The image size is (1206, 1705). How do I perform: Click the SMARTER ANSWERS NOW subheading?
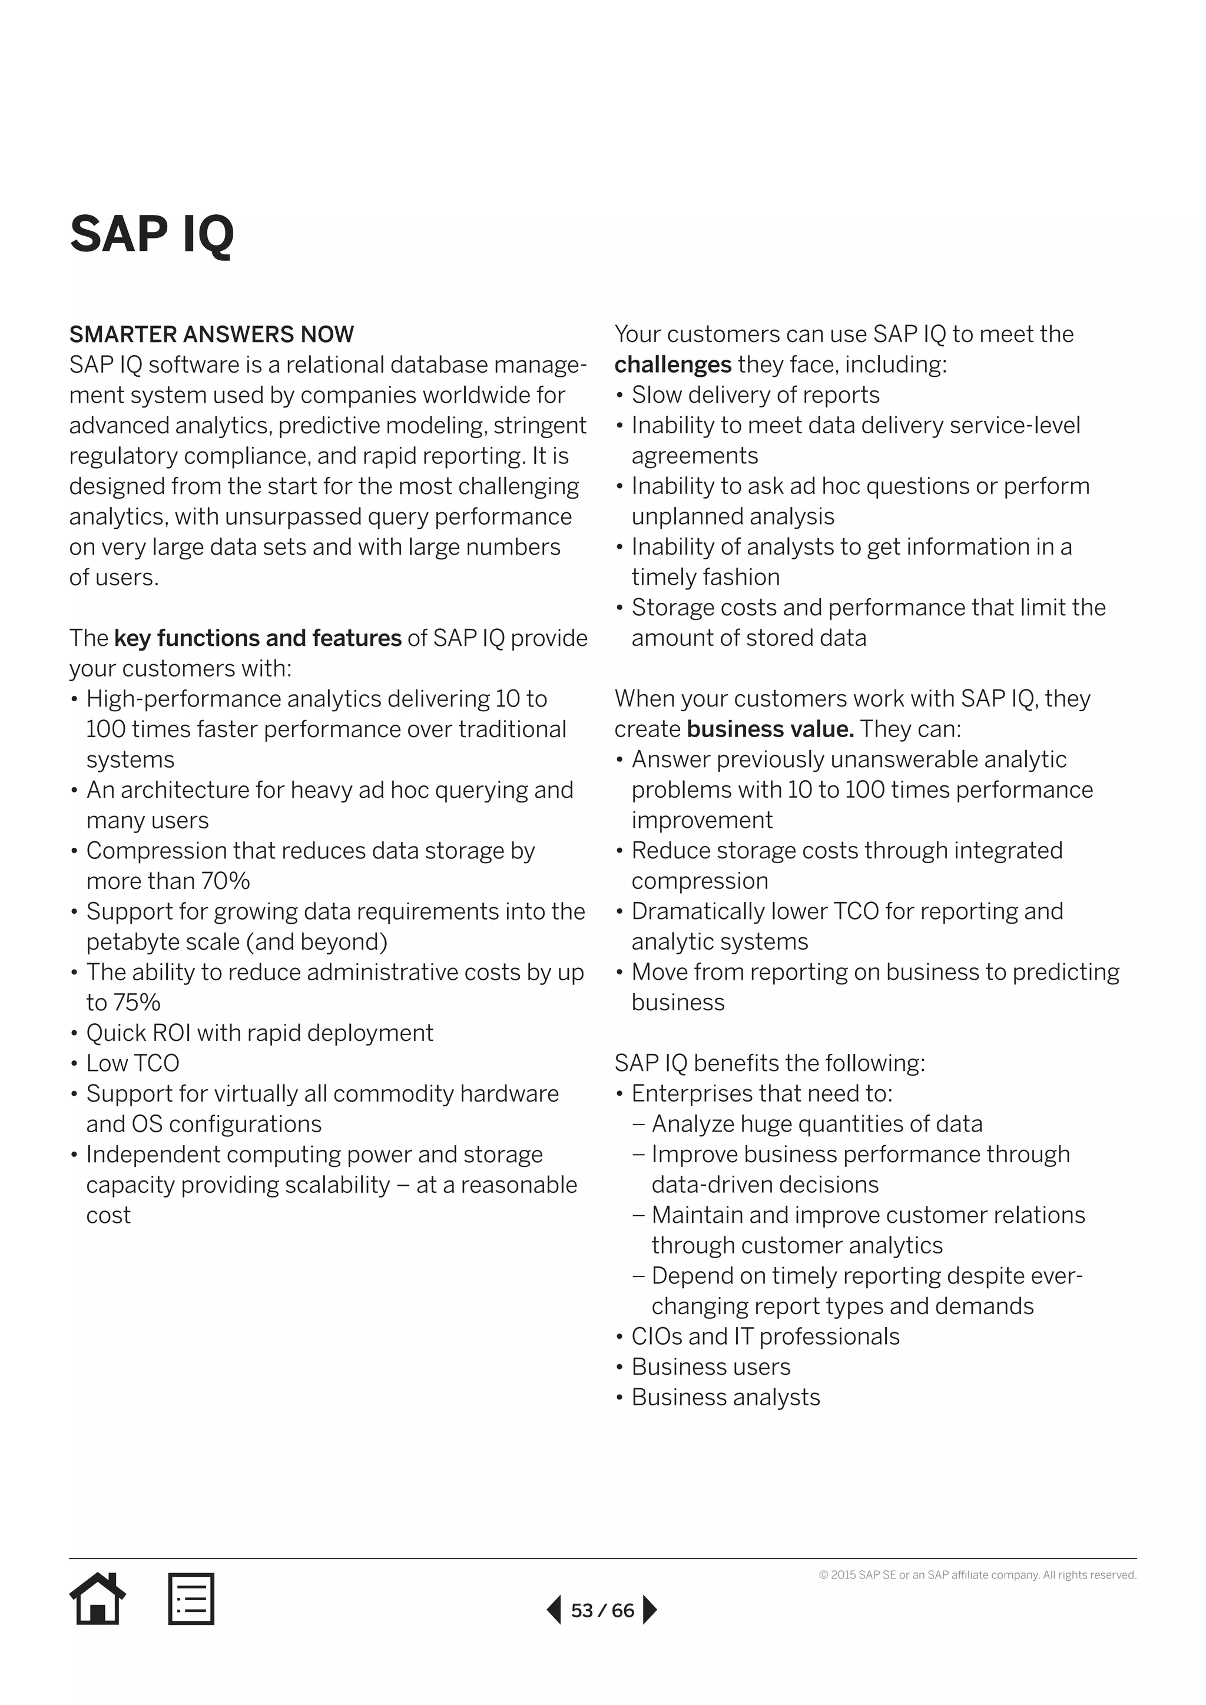pyautogui.click(x=211, y=334)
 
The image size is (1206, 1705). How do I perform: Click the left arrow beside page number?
pyautogui.click(x=554, y=1610)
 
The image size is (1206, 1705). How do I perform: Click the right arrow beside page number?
pyautogui.click(x=649, y=1610)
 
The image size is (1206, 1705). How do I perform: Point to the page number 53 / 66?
pyautogui.click(x=602, y=1610)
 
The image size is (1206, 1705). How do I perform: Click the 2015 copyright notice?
pyautogui.click(x=978, y=1574)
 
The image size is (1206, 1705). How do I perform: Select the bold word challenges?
pyautogui.click(x=673, y=364)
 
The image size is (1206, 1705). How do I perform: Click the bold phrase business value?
pyautogui.click(x=770, y=729)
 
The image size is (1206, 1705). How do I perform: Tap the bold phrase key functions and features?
pyautogui.click(x=258, y=638)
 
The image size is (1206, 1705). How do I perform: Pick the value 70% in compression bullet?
pyautogui.click(x=225, y=881)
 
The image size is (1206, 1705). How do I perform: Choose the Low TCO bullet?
pyautogui.click(x=133, y=1063)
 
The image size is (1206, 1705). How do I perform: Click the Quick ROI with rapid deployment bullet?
pyautogui.click(x=259, y=1033)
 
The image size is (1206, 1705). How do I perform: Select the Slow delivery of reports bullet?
pyautogui.click(x=756, y=395)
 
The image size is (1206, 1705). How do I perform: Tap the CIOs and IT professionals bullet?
pyautogui.click(x=765, y=1336)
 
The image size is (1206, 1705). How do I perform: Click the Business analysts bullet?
pyautogui.click(x=725, y=1398)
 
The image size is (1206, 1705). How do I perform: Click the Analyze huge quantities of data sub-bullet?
pyautogui.click(x=817, y=1124)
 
